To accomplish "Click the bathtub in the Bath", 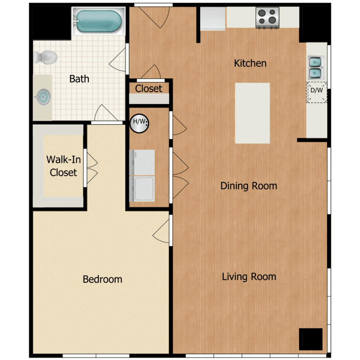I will [x=99, y=21].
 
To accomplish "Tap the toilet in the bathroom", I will [x=46, y=58].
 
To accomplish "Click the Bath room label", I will [x=79, y=79].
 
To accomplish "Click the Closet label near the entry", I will [x=148, y=88].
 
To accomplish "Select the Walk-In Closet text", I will [x=63, y=166].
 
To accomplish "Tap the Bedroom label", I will [x=102, y=279].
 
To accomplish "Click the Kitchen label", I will [x=250, y=63].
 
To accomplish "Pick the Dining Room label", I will [x=249, y=186].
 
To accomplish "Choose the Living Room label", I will [x=249, y=276].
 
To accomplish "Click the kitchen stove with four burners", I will [x=268, y=18].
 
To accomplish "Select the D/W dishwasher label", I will [x=316, y=90].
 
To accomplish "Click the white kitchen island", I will [x=252, y=113].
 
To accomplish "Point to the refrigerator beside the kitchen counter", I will [x=213, y=19].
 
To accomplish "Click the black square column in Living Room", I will [x=311, y=339].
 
